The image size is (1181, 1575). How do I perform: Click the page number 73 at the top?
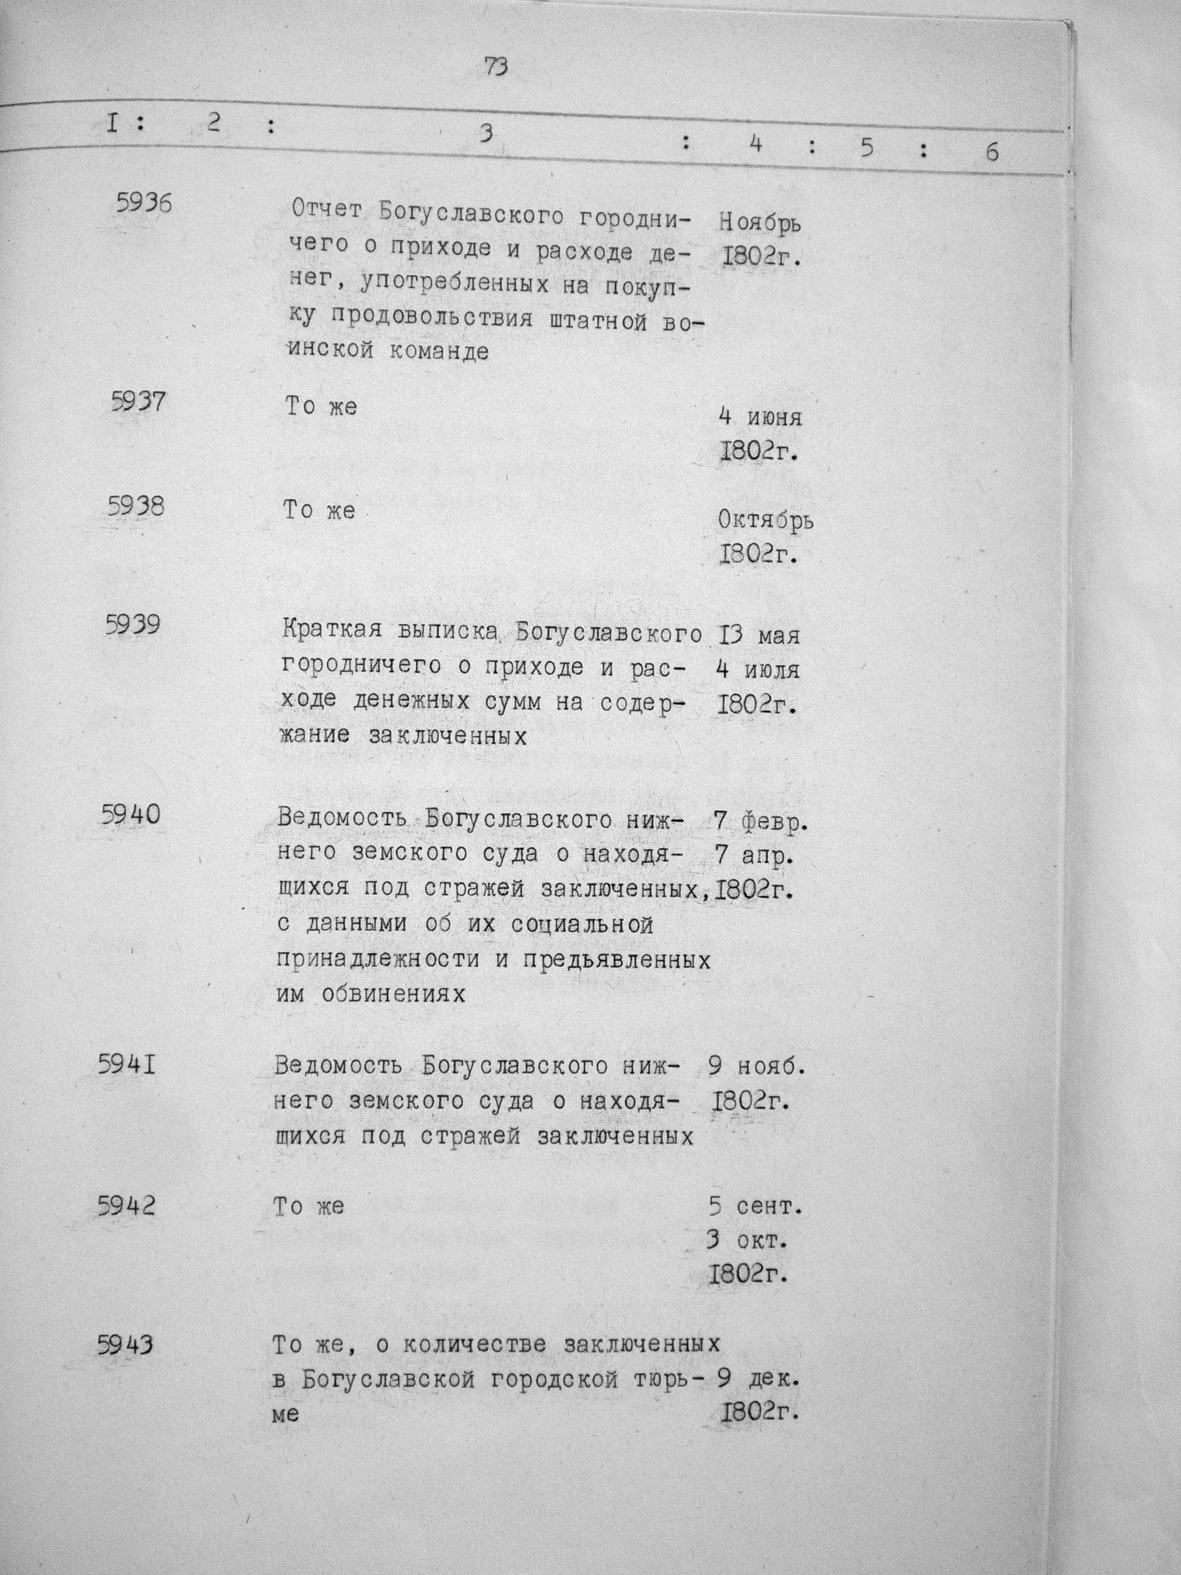coord(496,67)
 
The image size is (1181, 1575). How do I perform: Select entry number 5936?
coord(144,204)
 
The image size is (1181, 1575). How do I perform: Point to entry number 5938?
coord(136,506)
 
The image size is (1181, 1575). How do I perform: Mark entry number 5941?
coord(128,1066)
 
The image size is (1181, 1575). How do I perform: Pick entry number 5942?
coord(126,1206)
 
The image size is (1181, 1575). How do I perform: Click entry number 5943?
coord(125,1346)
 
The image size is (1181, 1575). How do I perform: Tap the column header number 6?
coord(991,153)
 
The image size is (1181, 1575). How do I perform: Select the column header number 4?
coord(756,145)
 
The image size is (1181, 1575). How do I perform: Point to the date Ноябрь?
coord(759,223)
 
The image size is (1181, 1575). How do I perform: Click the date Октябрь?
coord(766,521)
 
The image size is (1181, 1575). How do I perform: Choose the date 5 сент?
coord(755,1207)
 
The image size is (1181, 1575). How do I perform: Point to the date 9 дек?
coord(758,1379)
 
